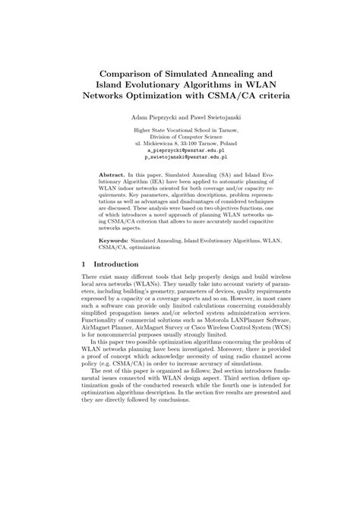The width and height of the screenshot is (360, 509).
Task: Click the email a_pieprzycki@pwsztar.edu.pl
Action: (181, 150)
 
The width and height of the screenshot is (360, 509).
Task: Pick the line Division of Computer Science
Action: (181, 136)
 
